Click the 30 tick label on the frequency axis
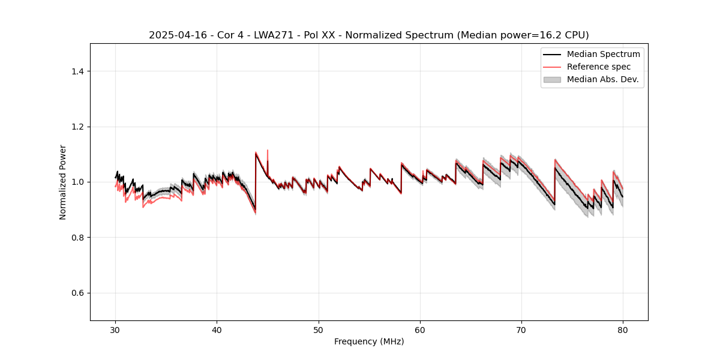116,329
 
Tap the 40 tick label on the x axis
217,329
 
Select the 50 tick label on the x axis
319,329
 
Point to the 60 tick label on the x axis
420,329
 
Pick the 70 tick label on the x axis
521,329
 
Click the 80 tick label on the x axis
623,329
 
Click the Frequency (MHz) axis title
369,341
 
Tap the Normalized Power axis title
63,182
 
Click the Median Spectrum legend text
603,54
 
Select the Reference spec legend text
599,67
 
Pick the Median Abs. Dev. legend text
602,79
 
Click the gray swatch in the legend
552,79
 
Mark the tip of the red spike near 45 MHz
268,150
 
